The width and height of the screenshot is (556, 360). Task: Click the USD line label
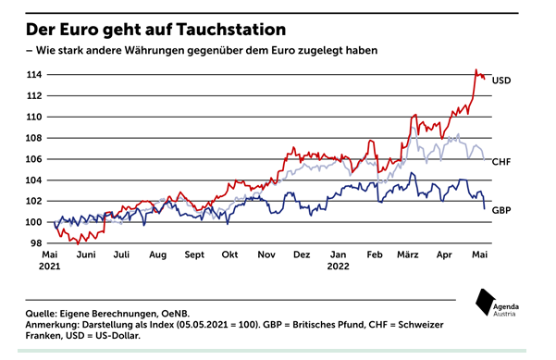click(501, 81)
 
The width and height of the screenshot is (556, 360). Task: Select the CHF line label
click(501, 161)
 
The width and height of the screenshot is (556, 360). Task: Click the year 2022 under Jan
click(339, 266)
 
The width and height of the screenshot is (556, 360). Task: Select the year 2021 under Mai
click(53, 266)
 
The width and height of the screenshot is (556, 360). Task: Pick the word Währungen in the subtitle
click(141, 48)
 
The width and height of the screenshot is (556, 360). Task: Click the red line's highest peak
click(476, 69)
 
